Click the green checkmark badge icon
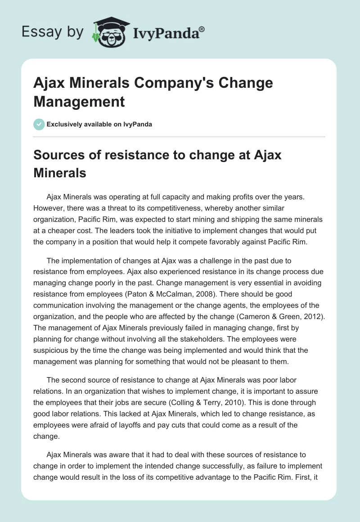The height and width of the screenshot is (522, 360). pyautogui.click(x=39, y=124)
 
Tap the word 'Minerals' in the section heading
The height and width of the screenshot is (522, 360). pyautogui.click(x=59, y=173)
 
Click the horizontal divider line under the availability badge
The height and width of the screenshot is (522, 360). pyautogui.click(x=180, y=136)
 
